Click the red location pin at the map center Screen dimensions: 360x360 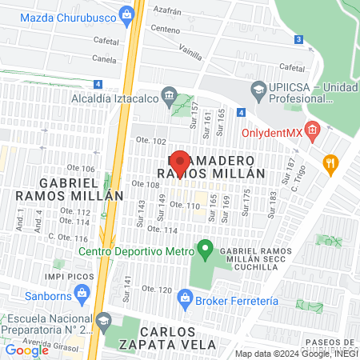point(180,160)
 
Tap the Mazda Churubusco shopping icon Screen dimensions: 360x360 point(126,13)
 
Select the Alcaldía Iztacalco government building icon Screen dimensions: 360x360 point(169,97)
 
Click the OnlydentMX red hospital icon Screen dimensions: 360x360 point(312,130)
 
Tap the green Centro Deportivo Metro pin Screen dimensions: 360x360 point(205,250)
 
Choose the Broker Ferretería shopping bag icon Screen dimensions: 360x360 point(186,300)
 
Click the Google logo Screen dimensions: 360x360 point(26,350)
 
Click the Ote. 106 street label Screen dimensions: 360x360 point(81,169)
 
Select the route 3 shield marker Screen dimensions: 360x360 point(298,38)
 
